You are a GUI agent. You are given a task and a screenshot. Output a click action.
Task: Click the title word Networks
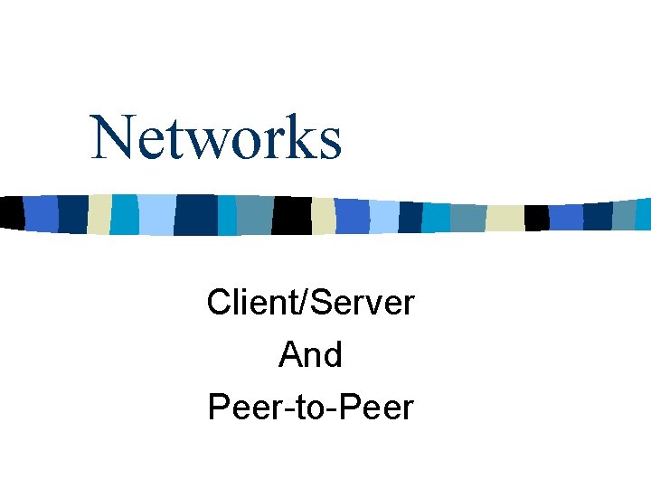click(217, 137)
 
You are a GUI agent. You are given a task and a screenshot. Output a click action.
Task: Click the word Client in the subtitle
click(251, 302)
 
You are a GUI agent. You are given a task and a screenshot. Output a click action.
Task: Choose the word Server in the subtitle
click(363, 302)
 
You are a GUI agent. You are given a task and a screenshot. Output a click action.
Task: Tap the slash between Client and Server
click(304, 302)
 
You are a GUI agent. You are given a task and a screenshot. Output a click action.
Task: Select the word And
click(310, 354)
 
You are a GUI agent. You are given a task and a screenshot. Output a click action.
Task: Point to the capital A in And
click(290, 354)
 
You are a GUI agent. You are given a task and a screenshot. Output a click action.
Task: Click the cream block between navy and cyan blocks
click(99, 213)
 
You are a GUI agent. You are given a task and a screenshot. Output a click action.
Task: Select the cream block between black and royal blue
click(324, 215)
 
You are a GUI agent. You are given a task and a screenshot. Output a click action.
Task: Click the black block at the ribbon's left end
click(11, 211)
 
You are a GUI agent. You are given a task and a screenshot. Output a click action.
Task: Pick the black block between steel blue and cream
click(291, 215)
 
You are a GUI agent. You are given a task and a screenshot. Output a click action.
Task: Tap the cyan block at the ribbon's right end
click(644, 214)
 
